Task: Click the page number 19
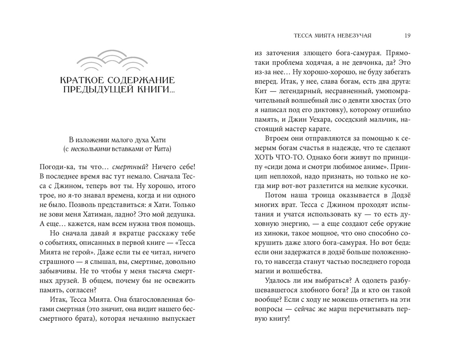(x=407, y=36)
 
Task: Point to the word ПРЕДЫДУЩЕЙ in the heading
(x=97, y=89)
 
